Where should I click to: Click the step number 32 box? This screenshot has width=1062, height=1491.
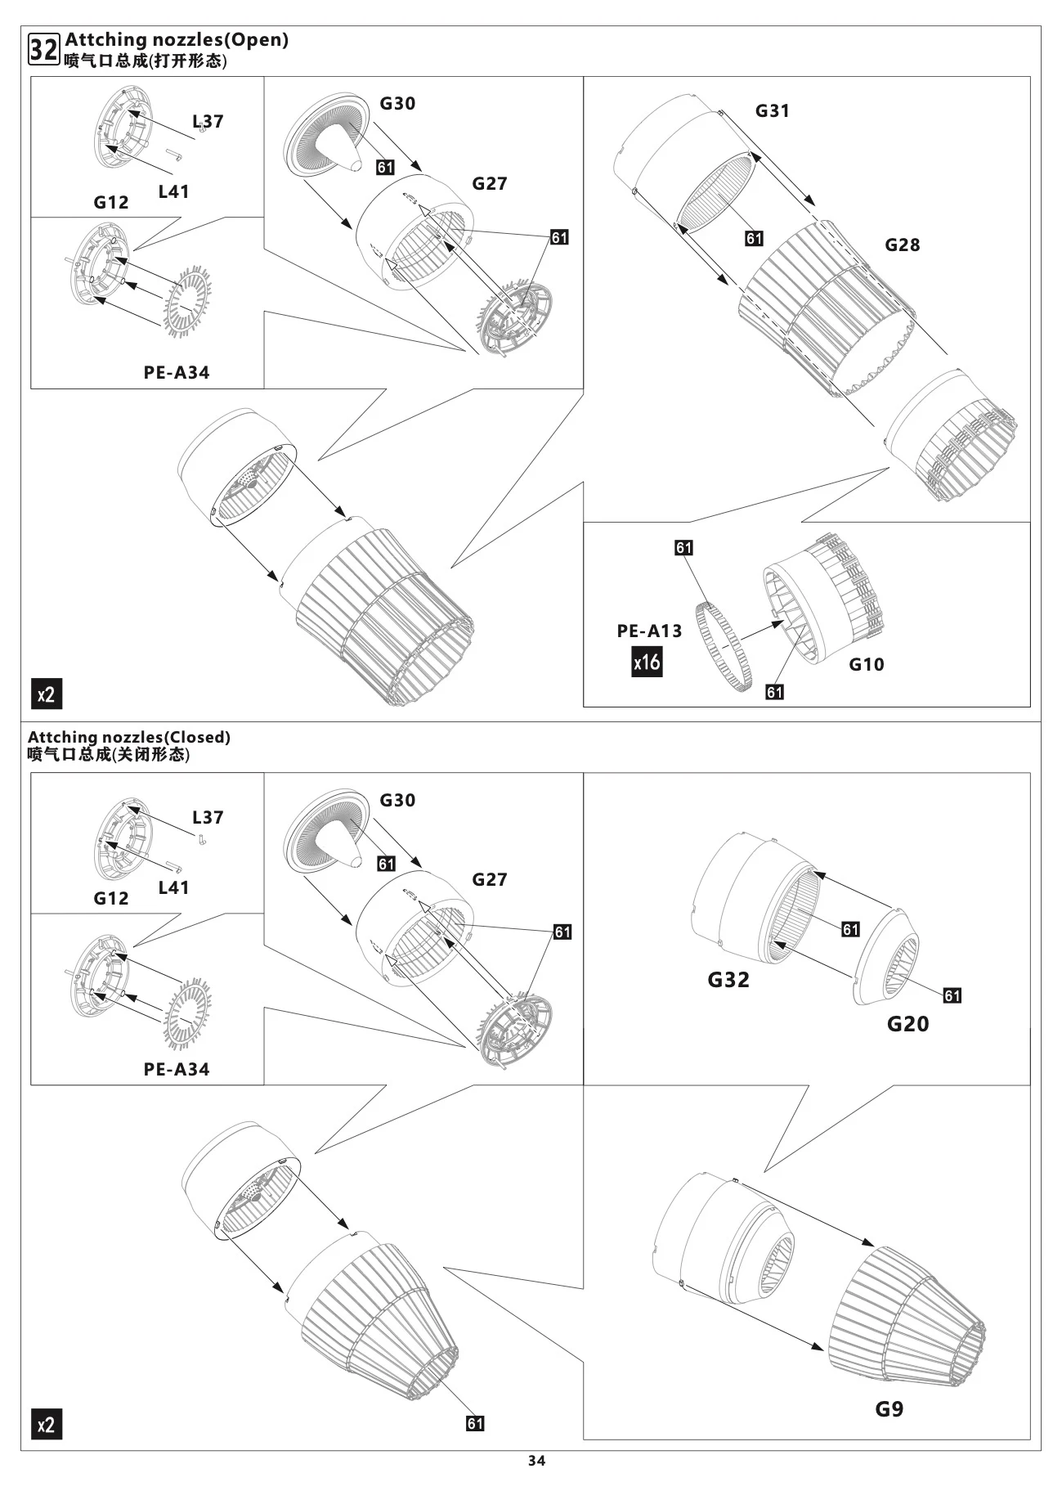coord(43,49)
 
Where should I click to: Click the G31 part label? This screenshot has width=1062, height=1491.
coord(772,110)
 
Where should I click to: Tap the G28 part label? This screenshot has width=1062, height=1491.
coord(902,245)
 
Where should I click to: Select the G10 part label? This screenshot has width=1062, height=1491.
coord(866,664)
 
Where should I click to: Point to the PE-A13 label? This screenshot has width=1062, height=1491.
coord(649,631)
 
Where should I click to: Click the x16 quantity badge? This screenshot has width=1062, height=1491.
coord(647,661)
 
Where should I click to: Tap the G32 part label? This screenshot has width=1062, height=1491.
coord(728,979)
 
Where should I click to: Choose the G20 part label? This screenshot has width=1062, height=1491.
coord(907,1023)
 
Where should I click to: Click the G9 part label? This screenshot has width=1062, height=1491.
coord(889,1408)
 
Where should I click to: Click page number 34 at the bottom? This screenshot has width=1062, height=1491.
coord(536,1461)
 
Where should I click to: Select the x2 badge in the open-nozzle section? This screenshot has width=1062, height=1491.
coord(47,694)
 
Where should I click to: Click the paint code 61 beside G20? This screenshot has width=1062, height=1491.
coord(952,995)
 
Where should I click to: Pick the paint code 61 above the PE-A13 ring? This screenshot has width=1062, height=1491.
coord(683,547)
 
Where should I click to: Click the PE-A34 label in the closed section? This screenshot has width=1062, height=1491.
coord(177,1069)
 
